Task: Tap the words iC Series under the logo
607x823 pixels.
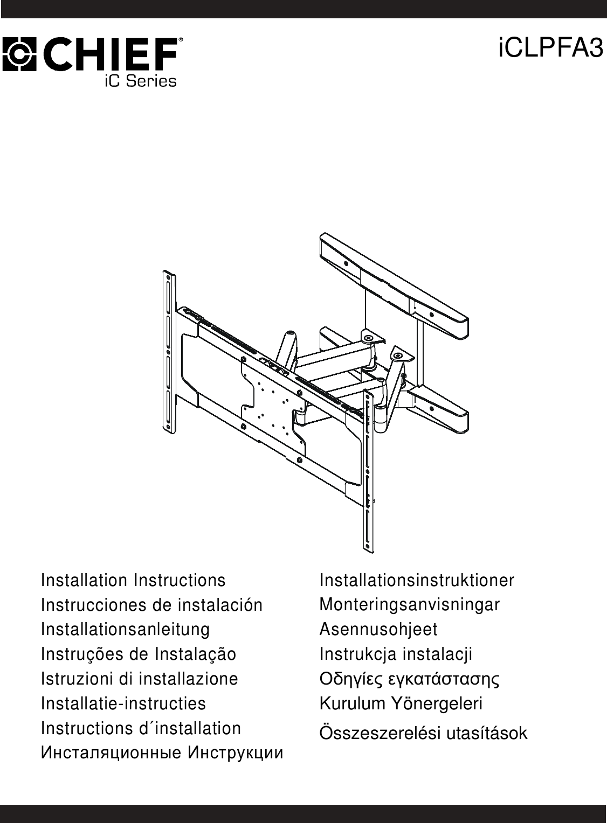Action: pos(140,81)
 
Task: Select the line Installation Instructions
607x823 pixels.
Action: pos(133,581)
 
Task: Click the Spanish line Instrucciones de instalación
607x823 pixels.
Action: pos(151,605)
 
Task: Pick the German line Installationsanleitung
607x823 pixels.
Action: pos(125,629)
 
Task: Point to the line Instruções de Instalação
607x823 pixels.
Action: pos(139,654)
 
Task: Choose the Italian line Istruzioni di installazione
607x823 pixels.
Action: pos(139,679)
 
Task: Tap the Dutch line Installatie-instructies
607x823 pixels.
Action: pos(123,703)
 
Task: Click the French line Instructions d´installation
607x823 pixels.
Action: pos(141,728)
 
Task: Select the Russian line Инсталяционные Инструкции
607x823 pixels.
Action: pos(162,753)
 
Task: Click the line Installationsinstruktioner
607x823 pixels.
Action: pos(417,581)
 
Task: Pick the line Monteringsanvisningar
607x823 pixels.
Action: pos(410,605)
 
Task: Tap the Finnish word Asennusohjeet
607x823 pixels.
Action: pos(378,629)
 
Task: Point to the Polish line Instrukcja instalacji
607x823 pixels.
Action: pos(396,654)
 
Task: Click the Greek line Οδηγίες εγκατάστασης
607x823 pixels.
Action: pos(410,679)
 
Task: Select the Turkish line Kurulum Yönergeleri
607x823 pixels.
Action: pos(401,703)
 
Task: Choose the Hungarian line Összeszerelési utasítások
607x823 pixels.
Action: pos(423,733)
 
